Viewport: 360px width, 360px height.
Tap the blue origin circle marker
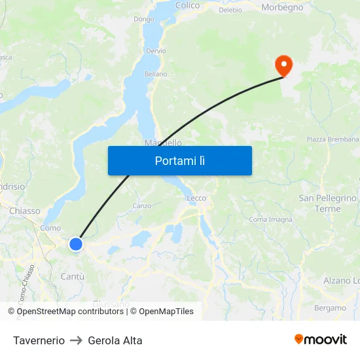76,244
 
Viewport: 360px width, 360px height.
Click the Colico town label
187,5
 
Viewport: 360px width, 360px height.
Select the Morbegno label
282,8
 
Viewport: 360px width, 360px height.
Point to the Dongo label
143,19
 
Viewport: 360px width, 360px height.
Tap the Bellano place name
156,74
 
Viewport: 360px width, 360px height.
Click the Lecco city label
196,198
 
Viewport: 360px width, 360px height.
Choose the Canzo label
141,206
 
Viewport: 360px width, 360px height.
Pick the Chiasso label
25,211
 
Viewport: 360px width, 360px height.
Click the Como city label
50,228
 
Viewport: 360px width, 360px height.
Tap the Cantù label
72,276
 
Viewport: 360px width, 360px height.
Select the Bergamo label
330,308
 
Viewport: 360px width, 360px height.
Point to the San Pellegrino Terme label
327,204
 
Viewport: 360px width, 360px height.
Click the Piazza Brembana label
333,139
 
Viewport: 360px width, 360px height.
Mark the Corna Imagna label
270,219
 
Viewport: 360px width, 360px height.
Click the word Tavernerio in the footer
39,340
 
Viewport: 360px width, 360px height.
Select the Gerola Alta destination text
115,340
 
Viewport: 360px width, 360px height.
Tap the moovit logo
320,339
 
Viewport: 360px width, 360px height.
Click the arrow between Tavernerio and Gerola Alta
76,340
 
